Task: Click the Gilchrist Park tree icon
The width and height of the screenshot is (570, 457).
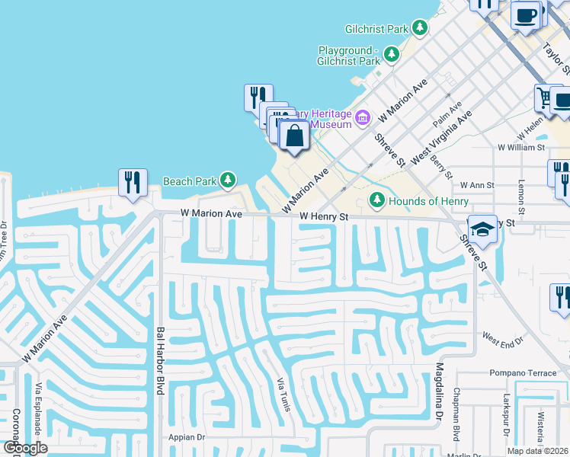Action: click(419, 28)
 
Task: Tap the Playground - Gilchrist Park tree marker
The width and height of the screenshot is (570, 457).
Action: click(392, 54)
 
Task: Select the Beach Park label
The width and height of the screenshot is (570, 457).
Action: click(189, 181)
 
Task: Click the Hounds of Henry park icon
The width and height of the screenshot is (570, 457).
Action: click(376, 200)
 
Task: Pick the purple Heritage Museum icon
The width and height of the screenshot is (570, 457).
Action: click(362, 117)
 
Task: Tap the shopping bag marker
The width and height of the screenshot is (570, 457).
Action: click(295, 137)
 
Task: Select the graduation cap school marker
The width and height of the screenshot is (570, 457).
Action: click(482, 228)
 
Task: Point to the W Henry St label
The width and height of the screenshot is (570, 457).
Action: click(323, 217)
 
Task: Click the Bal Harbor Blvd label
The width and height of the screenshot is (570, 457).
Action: click(160, 361)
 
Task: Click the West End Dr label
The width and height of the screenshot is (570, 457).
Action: click(503, 336)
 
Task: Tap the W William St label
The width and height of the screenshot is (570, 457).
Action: click(521, 147)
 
